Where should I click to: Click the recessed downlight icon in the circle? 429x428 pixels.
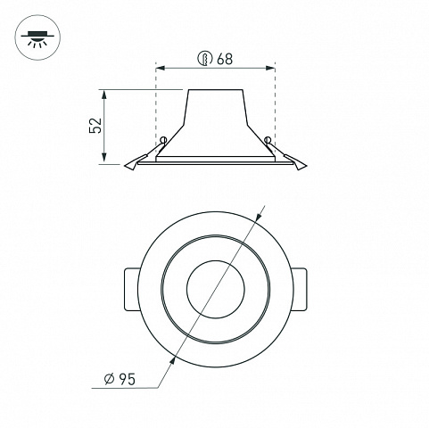coord(37,37)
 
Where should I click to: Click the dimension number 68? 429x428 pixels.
coord(225,59)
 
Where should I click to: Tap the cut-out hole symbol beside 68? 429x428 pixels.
coord(205,58)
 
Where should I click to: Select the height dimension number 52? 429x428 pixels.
coord(95,126)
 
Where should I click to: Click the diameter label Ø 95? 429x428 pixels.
coord(120,379)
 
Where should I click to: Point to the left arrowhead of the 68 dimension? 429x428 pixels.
coord(161,69)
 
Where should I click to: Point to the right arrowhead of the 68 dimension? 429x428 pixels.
coord(270,69)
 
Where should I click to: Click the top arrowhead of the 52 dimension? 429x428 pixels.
coord(103,95)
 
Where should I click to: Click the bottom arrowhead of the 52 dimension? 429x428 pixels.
coord(103,157)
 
